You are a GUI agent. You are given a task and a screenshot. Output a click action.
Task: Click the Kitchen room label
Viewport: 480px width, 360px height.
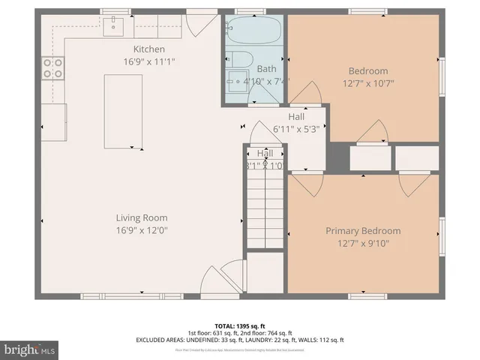coord(143,49)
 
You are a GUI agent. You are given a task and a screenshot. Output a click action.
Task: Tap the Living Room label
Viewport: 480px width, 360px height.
coord(141,218)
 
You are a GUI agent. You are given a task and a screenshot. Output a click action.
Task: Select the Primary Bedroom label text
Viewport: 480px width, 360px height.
coord(363,231)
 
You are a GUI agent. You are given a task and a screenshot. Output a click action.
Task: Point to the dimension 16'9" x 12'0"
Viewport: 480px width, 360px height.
coord(141,231)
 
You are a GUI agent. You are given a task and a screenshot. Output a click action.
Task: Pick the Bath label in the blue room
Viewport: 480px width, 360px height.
coord(267,68)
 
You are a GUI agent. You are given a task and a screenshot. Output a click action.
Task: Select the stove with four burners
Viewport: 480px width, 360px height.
coord(52,69)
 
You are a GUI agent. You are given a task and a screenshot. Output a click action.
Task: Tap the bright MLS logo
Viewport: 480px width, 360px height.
coord(31,349)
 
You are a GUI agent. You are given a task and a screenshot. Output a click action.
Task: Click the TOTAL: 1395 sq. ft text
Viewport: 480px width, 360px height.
coord(239,325)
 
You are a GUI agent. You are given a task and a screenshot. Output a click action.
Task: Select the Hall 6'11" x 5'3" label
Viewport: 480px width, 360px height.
coord(296,123)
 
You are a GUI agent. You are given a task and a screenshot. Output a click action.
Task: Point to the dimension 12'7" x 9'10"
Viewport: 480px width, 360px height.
coord(363,243)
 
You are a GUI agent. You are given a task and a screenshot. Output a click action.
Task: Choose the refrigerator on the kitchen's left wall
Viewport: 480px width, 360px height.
coord(53,118)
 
